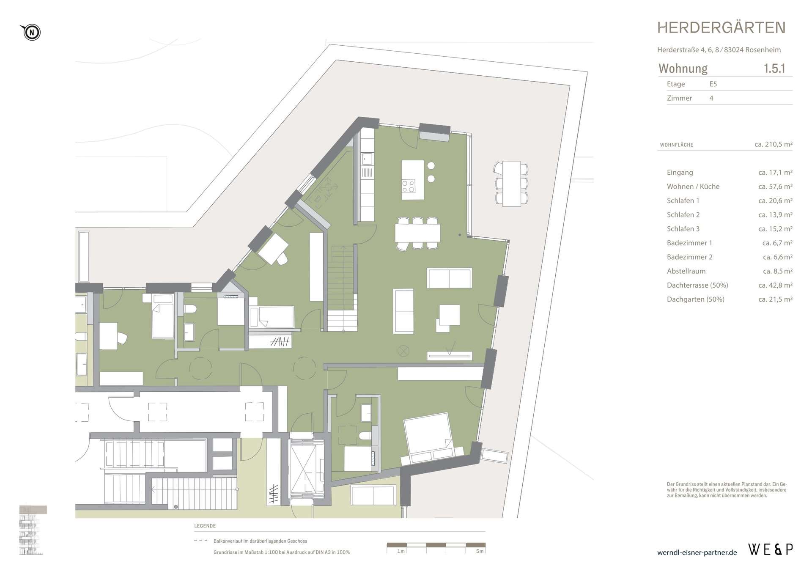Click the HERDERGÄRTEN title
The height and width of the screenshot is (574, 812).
(721, 28)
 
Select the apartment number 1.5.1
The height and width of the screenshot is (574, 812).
(774, 69)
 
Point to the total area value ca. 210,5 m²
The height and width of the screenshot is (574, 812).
(773, 144)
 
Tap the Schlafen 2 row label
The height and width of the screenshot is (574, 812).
(683, 214)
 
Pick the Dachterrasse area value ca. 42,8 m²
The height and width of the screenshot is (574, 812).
(775, 285)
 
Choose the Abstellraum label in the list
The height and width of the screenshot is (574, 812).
(686, 271)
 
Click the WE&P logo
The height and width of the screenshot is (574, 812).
(771, 549)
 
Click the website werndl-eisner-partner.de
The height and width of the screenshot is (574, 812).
(697, 552)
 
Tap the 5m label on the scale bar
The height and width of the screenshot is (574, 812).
(479, 551)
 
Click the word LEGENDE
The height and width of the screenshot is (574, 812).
(205, 526)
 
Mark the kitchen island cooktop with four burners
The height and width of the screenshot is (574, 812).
(409, 187)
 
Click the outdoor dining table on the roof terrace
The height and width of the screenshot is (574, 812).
(511, 184)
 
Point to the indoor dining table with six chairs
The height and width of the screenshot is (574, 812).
(417, 233)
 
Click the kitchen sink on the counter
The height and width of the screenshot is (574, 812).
(367, 159)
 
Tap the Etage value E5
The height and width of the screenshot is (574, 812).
(713, 84)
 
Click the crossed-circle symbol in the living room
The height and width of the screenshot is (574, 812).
(403, 351)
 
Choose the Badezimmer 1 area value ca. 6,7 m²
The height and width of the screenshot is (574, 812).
(777, 243)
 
